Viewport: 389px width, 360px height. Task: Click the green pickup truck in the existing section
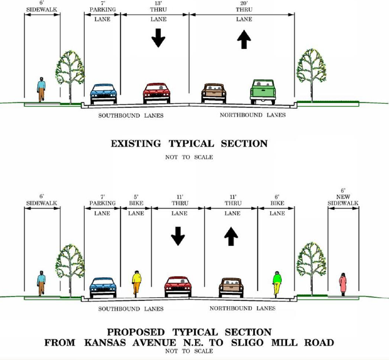pyautogui.click(x=263, y=92)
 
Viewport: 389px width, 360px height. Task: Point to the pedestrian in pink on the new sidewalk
pyautogui.click(x=343, y=284)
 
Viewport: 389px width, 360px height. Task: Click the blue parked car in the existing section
pyautogui.click(x=104, y=94)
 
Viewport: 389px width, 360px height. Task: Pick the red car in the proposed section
pyautogui.click(x=178, y=287)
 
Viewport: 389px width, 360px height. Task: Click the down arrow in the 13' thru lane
pyautogui.click(x=159, y=38)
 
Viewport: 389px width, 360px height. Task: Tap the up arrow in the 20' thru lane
pyautogui.click(x=244, y=40)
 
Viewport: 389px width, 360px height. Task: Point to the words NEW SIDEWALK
pyautogui.click(x=343, y=200)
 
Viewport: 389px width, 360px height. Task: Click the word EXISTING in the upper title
pyautogui.click(x=136, y=144)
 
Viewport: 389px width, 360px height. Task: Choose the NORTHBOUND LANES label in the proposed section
pyautogui.click(x=243, y=308)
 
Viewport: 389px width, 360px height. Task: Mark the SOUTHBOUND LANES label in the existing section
pyautogui.click(x=130, y=115)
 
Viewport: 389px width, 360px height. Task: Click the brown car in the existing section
pyautogui.click(x=213, y=93)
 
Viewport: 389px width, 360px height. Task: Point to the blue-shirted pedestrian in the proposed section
pyautogui.click(x=41, y=283)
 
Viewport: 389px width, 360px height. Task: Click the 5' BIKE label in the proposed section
pyautogui.click(x=136, y=200)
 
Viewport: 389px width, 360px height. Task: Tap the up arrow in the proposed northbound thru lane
pyautogui.click(x=231, y=236)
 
